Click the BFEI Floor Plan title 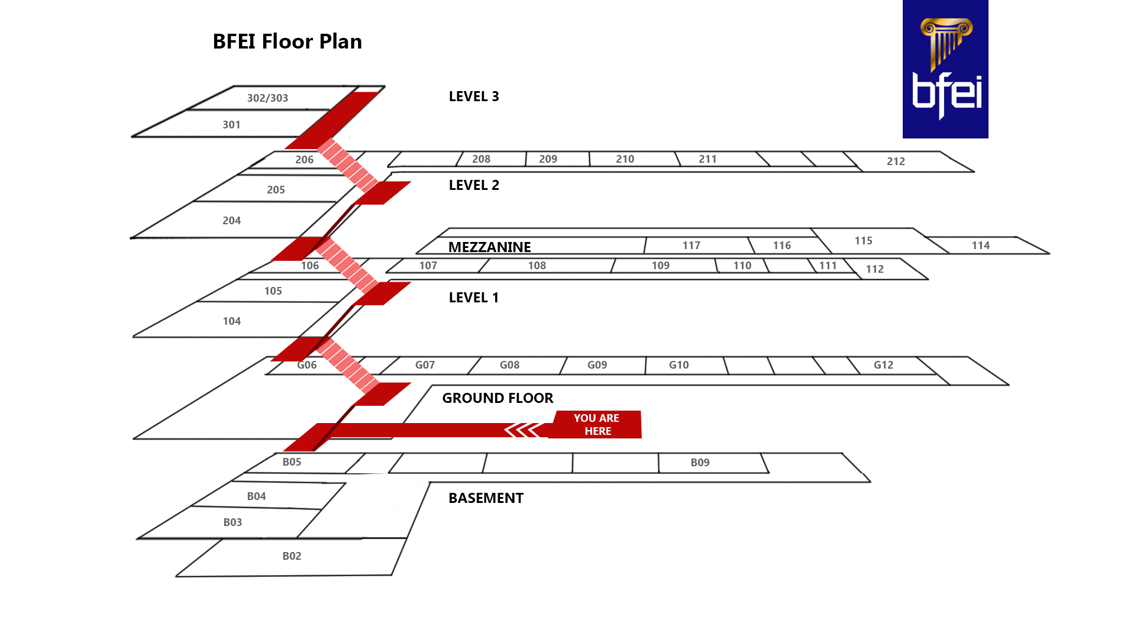[x=287, y=41]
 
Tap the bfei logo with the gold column [x=945, y=69]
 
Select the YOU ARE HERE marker [x=596, y=424]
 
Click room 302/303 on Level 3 [x=267, y=98]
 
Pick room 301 [x=231, y=125]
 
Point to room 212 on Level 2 [x=896, y=162]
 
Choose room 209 [x=548, y=159]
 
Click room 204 [x=231, y=221]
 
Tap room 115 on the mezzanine [x=863, y=241]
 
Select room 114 [x=980, y=246]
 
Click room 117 [x=691, y=246]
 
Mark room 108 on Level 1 [x=537, y=266]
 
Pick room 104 [x=231, y=321]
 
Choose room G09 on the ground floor [x=597, y=365]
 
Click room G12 [x=883, y=365]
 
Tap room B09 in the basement [x=700, y=463]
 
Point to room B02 [x=292, y=556]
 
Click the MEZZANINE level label [x=489, y=247]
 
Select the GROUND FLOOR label [x=498, y=398]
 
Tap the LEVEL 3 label [x=474, y=96]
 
